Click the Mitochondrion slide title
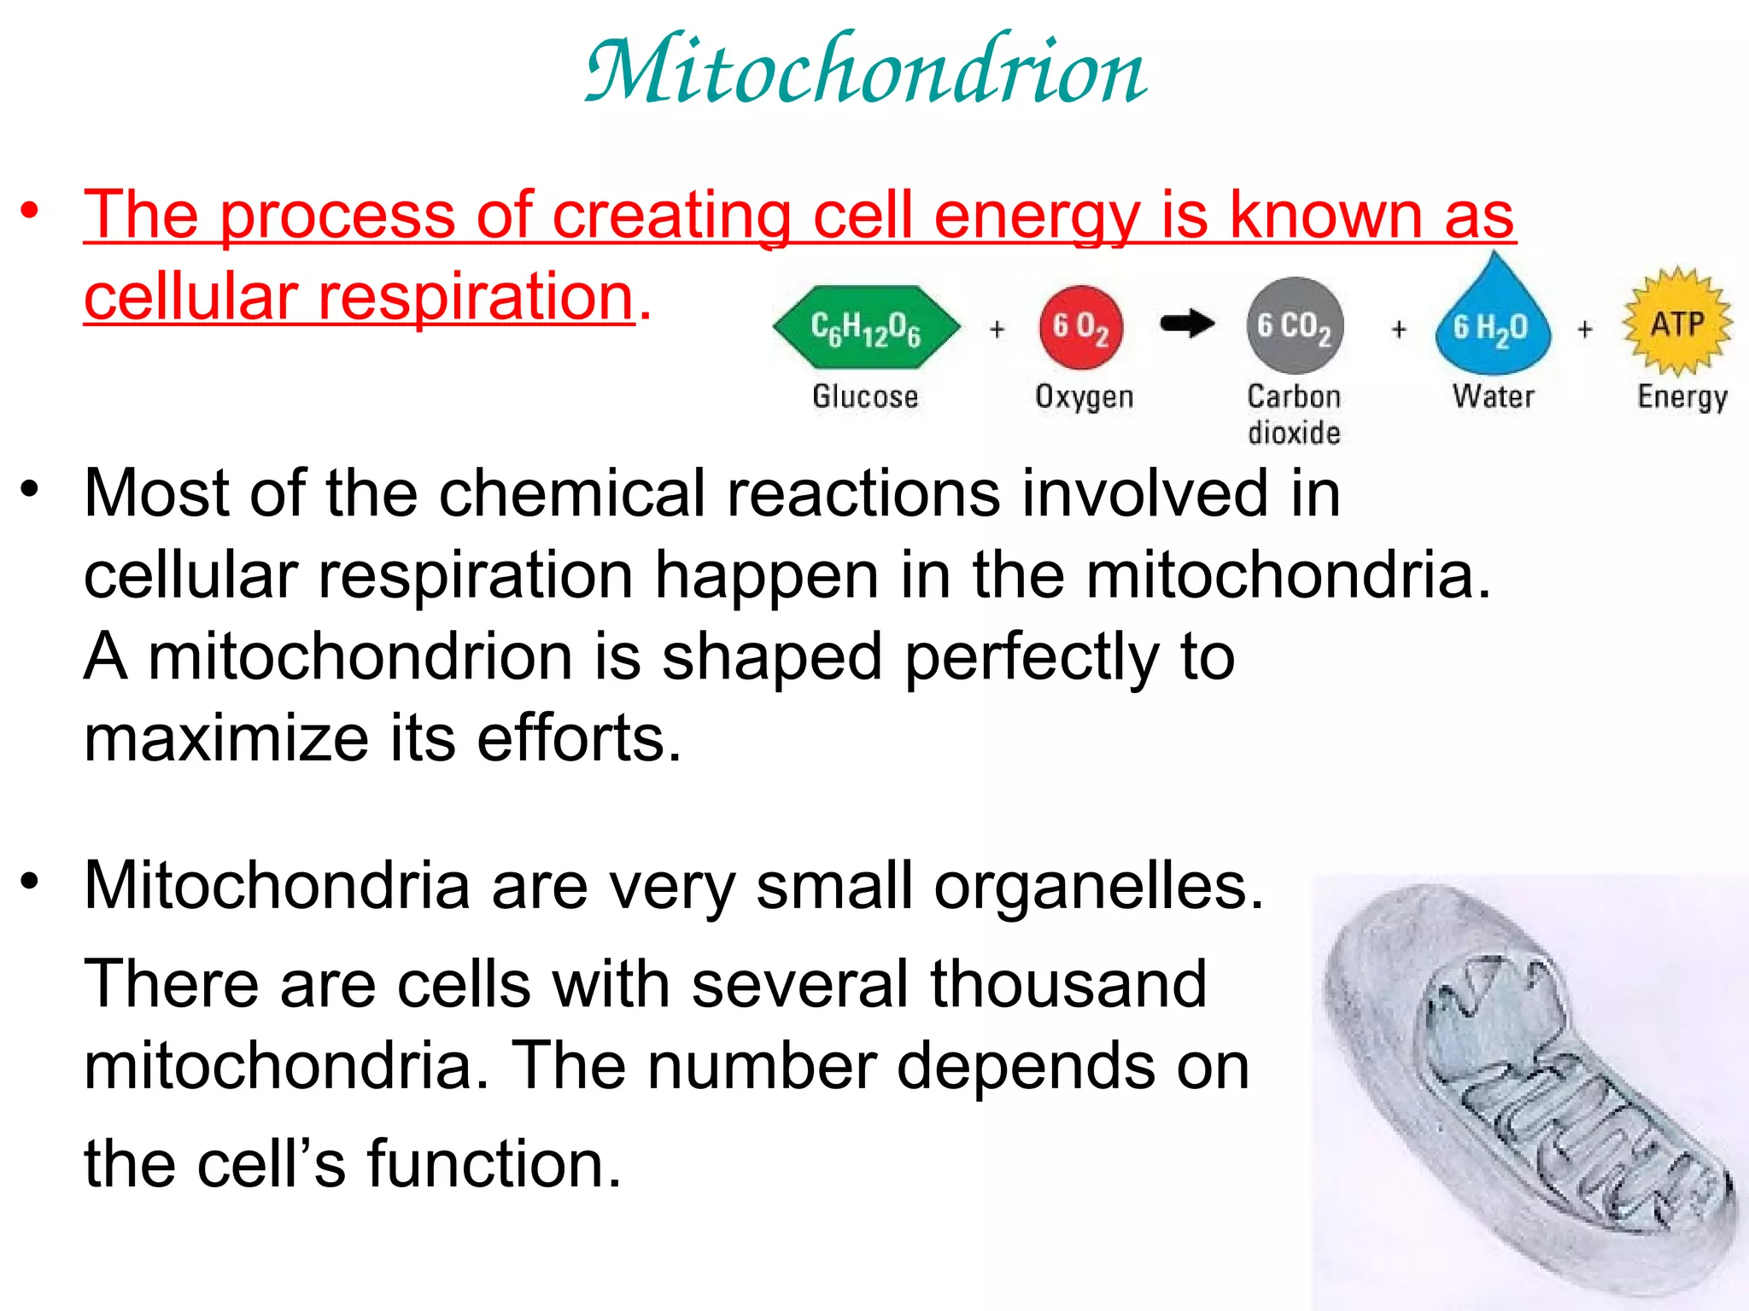tap(866, 70)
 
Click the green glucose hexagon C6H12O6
tap(866, 327)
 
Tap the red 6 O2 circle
tap(1080, 327)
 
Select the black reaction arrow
tap(1187, 323)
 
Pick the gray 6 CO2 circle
tap(1295, 326)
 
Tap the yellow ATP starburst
tap(1677, 323)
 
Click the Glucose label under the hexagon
tap(865, 397)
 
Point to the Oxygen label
tap(1084, 398)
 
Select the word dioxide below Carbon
tap(1294, 434)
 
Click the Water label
tap(1493, 397)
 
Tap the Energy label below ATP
tap(1682, 398)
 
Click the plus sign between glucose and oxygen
tap(997, 329)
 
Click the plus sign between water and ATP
tap(1585, 329)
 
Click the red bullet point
tap(31, 212)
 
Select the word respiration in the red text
tap(475, 297)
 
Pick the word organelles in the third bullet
tap(1098, 886)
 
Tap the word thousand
tap(1068, 984)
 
